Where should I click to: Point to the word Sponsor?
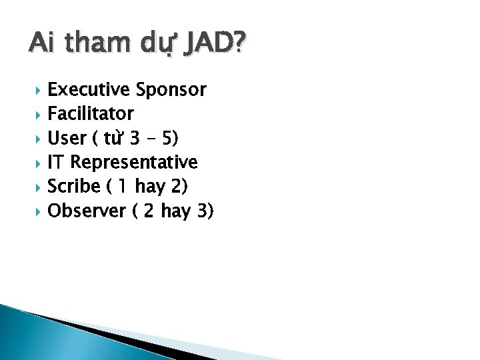[171, 89]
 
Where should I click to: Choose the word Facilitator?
[91, 114]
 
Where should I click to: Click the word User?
[67, 138]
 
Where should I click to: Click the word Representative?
[134, 162]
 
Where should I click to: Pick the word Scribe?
[73, 187]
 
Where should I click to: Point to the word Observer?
[87, 211]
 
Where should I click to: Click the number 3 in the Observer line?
[203, 211]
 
